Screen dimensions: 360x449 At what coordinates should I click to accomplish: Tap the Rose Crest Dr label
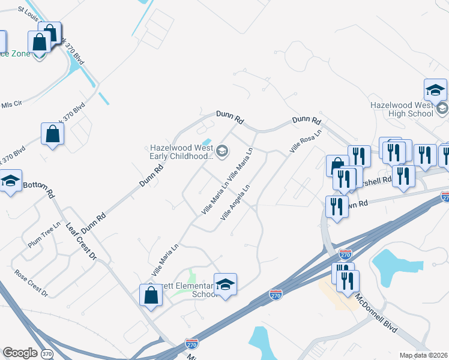pyautogui.click(x=31, y=281)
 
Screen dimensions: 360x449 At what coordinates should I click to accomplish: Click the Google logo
pyautogui.click(x=20, y=353)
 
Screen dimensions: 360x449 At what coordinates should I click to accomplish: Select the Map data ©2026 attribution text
pyautogui.click(x=423, y=355)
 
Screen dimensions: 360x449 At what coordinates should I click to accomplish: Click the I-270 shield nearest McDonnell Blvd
pyautogui.click(x=345, y=254)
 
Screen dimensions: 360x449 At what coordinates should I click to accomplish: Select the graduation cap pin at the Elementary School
pyautogui.click(x=225, y=285)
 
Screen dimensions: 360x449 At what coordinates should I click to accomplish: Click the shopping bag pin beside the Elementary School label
pyautogui.click(x=151, y=295)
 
